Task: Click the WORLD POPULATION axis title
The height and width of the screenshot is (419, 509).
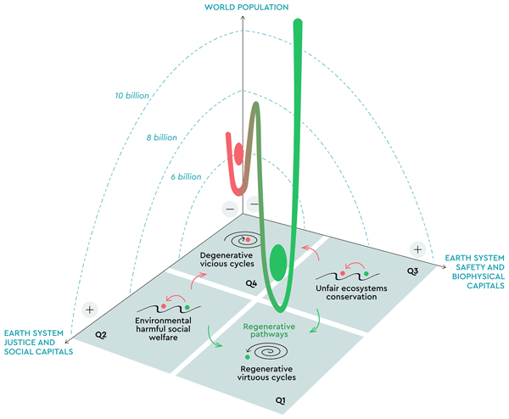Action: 246,7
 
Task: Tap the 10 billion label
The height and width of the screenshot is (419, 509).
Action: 131,95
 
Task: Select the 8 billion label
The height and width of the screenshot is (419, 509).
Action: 162,137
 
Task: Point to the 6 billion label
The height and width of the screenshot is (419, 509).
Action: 186,176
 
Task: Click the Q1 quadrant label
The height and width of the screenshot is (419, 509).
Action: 281,400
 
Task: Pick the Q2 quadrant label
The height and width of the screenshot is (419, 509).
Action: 101,335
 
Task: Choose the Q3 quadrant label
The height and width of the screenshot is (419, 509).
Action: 412,271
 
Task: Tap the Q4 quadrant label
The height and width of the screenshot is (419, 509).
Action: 251,283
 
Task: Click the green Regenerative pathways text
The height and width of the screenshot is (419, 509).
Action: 269,331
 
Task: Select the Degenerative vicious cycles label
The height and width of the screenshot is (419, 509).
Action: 227,260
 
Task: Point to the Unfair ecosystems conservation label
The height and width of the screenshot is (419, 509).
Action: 351,293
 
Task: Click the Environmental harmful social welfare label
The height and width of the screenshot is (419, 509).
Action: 163,329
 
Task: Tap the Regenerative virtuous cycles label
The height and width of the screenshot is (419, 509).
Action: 266,373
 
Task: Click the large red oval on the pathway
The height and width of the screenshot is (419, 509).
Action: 238,154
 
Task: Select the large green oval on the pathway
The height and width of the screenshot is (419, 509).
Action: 278,263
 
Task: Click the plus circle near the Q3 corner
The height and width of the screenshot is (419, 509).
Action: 417,249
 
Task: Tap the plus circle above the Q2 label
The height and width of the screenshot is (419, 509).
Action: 90,310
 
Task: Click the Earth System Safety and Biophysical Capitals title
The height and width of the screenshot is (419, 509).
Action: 474,271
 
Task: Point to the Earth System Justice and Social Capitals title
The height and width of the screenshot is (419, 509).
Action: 38,343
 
